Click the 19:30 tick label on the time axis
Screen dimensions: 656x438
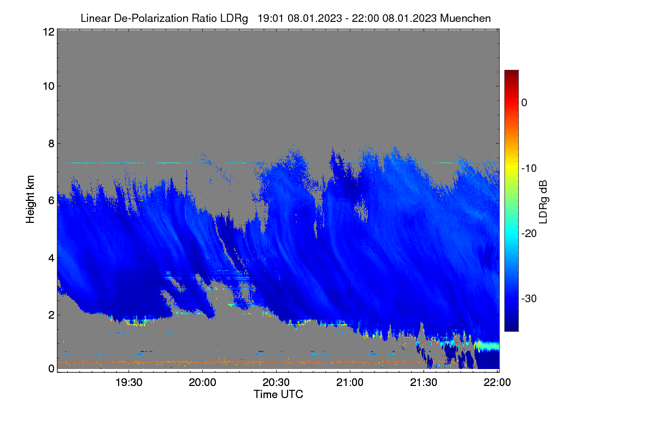point(129,383)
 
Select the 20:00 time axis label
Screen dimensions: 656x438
point(202,383)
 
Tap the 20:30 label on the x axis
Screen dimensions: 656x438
point(276,383)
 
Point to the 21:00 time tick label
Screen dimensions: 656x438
point(350,383)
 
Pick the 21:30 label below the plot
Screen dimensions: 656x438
point(424,383)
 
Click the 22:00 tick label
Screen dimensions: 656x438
point(497,383)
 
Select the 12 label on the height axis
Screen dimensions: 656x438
point(49,32)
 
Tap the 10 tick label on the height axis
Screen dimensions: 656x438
point(49,87)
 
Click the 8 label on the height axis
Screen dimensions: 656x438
point(51,144)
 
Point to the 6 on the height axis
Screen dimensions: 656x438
point(51,201)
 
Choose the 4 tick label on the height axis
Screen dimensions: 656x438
point(51,258)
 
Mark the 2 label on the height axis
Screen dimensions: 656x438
point(51,315)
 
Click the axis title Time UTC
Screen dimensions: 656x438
point(278,394)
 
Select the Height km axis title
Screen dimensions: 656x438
point(30,199)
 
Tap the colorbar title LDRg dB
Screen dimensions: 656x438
point(543,202)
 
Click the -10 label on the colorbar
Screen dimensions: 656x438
point(529,169)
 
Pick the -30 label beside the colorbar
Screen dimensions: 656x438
point(529,298)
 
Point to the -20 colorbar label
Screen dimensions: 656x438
point(529,234)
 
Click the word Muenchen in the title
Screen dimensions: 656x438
point(465,19)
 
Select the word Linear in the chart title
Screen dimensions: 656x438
point(96,19)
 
